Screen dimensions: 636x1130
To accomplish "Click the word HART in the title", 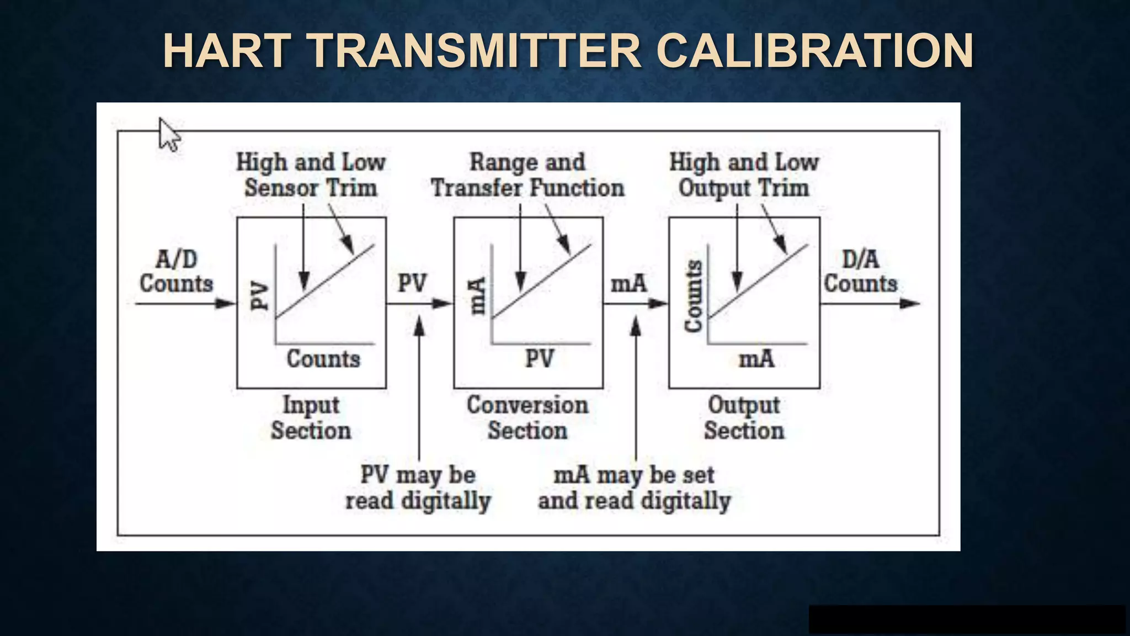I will [227, 51].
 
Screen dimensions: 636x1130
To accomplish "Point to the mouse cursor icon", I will [168, 134].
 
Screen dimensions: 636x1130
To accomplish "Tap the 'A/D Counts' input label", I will [176, 272].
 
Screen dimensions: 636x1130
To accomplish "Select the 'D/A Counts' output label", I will [861, 272].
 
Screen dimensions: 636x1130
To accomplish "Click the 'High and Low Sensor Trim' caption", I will [311, 175].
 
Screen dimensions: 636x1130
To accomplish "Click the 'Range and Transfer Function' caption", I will [527, 175].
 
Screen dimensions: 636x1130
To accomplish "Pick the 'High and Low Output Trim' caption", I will [744, 175].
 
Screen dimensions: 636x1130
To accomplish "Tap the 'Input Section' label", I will [311, 418].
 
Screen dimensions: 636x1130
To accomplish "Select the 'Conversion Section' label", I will [527, 418].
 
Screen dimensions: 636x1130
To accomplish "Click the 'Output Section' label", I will [744, 418].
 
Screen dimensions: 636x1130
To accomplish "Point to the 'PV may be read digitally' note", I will [418, 488].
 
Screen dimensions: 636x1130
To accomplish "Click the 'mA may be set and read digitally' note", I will [634, 488].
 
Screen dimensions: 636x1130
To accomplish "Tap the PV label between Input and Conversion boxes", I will [412, 283].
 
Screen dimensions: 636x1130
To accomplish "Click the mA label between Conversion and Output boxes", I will [628, 284].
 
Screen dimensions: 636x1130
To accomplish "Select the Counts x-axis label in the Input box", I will [323, 359].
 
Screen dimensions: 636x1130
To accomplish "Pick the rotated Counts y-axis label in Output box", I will [694, 296].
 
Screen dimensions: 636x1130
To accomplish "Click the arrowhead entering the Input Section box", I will [226, 303].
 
